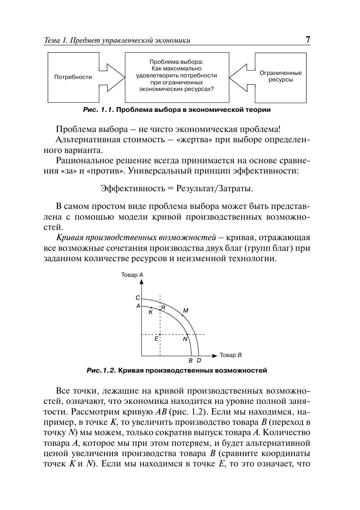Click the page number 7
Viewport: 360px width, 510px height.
click(x=307, y=40)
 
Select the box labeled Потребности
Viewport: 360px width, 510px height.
click(x=73, y=77)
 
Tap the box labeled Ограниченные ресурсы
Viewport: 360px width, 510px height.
click(x=280, y=76)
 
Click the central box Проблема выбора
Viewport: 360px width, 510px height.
click(x=177, y=77)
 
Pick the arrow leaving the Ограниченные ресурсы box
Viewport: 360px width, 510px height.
click(x=242, y=77)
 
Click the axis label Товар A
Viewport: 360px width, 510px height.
click(x=132, y=275)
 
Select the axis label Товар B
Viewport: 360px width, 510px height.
click(x=231, y=355)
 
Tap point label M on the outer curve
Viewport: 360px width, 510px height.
click(x=185, y=311)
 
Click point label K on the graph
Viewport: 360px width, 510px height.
click(x=150, y=313)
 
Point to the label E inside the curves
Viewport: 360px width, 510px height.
click(x=156, y=339)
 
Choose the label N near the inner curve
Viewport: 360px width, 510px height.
click(x=185, y=340)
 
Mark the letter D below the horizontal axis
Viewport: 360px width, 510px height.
click(x=198, y=361)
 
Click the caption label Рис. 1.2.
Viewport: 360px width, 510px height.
click(x=101, y=371)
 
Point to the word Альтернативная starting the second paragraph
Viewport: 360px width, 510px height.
click(x=84, y=139)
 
